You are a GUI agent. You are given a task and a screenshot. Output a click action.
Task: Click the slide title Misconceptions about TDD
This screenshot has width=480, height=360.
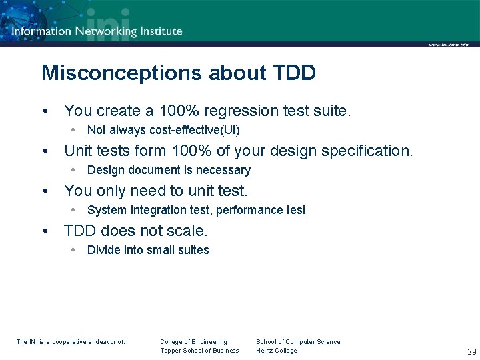178,73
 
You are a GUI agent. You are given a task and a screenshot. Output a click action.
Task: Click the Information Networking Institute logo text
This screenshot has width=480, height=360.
97,31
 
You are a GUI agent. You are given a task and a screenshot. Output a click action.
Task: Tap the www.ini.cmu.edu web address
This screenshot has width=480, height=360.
448,45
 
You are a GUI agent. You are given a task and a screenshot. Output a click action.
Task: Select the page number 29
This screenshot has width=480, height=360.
472,351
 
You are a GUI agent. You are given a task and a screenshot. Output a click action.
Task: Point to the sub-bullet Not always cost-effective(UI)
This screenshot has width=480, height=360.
163,130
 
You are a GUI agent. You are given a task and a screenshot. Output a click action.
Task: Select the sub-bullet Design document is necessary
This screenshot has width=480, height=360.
169,170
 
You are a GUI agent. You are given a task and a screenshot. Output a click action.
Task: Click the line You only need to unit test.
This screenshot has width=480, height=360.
155,191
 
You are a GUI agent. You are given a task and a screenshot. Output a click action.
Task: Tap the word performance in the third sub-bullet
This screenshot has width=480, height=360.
255,210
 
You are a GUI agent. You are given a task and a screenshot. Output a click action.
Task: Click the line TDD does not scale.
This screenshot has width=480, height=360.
136,231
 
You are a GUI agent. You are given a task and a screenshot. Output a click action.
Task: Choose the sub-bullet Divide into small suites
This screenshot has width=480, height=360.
148,250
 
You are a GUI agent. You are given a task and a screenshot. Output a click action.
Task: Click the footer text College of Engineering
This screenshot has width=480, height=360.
193,342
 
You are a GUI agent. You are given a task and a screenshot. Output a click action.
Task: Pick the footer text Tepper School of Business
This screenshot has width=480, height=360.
199,351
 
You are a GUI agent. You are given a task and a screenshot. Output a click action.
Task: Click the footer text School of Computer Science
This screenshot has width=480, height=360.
298,342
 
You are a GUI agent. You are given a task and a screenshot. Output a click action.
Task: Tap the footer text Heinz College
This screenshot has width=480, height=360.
277,351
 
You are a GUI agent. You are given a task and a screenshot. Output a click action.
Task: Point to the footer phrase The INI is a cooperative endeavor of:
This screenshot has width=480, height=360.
71,342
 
